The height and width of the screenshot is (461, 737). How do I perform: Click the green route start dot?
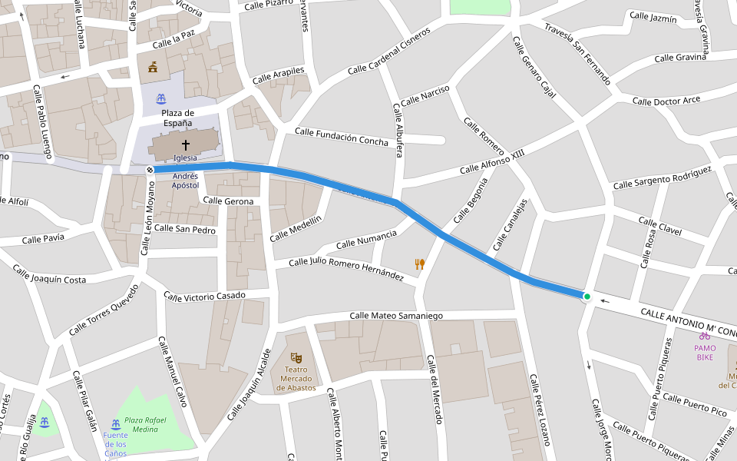click(x=587, y=297)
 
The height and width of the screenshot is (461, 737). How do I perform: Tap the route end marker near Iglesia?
click(x=150, y=169)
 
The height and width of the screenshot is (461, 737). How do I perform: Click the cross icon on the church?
click(x=185, y=144)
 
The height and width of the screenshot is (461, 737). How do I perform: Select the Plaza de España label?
click(x=177, y=118)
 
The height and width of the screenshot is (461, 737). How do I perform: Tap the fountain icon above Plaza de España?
click(x=161, y=99)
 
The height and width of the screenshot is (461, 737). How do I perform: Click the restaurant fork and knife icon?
click(x=420, y=264)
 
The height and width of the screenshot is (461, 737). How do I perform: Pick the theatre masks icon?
click(x=296, y=357)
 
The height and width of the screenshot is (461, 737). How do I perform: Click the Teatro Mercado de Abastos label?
click(x=296, y=377)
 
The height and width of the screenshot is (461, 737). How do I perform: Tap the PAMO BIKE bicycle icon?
click(x=704, y=336)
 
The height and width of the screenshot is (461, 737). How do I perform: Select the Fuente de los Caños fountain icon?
click(x=115, y=424)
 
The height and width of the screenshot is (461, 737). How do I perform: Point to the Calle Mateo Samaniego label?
click(x=396, y=316)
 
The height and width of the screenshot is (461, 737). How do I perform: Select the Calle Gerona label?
click(x=228, y=201)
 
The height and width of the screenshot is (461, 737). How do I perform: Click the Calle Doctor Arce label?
click(x=666, y=101)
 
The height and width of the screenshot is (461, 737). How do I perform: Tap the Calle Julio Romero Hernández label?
click(x=345, y=268)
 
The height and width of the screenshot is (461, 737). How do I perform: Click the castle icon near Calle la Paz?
click(x=153, y=67)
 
